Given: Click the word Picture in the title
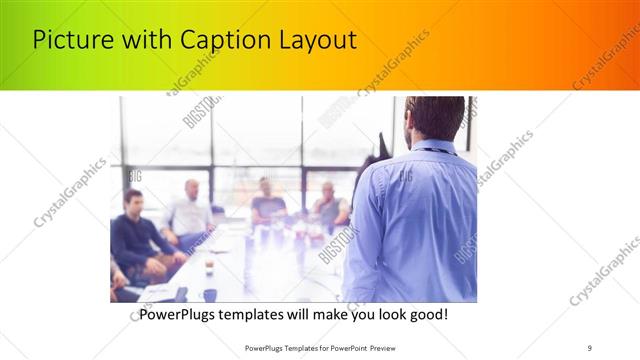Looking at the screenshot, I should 70,40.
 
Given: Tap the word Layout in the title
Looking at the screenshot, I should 319,40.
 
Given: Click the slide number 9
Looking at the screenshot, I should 589,348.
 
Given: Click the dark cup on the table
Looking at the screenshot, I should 209,294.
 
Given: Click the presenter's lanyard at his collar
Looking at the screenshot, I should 430,151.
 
